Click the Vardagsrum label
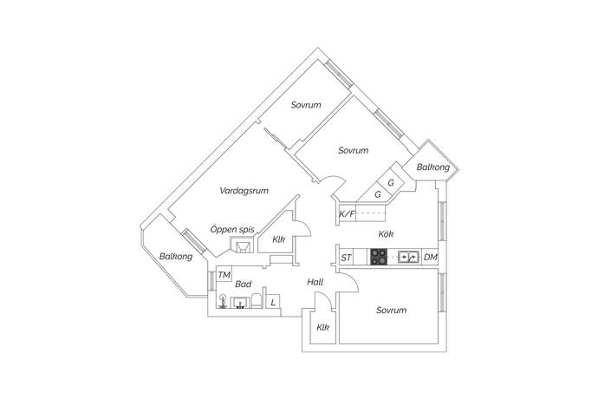pyautogui.click(x=244, y=191)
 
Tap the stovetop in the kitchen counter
pyautogui.click(x=379, y=257)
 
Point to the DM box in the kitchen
pyautogui.click(x=430, y=258)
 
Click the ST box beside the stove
pyautogui.click(x=347, y=258)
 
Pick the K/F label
pyautogui.click(x=347, y=214)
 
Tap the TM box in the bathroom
pyautogui.click(x=224, y=275)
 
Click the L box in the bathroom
pyautogui.click(x=273, y=303)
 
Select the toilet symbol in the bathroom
pyautogui.click(x=257, y=300)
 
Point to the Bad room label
pyautogui.click(x=244, y=285)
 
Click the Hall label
pyautogui.click(x=315, y=282)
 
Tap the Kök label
pyautogui.click(x=386, y=234)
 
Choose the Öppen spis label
pyautogui.click(x=232, y=230)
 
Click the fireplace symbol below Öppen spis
pyautogui.click(x=242, y=245)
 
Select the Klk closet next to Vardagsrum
pyautogui.click(x=279, y=239)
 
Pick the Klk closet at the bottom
pyautogui.click(x=323, y=327)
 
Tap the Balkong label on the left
pyautogui.click(x=176, y=257)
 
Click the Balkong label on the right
pyautogui.click(x=433, y=167)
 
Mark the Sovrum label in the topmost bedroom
pyautogui.click(x=306, y=105)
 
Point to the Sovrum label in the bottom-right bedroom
pyautogui.click(x=391, y=310)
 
